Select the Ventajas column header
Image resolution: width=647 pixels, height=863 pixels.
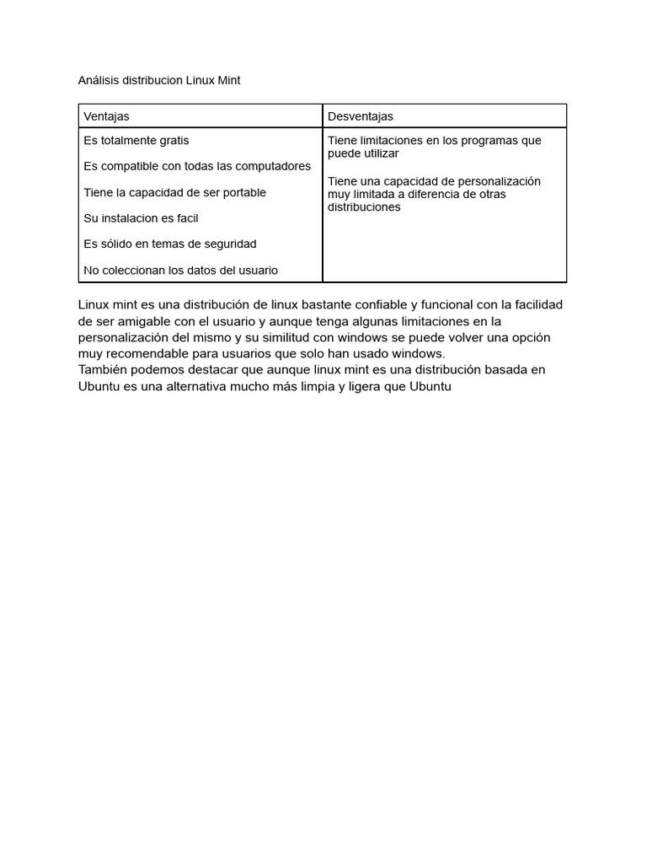(x=106, y=116)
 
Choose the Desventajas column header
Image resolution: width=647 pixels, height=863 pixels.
(x=361, y=116)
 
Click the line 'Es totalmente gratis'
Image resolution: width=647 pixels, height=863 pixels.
(x=136, y=140)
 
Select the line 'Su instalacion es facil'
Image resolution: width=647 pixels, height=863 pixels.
(x=141, y=218)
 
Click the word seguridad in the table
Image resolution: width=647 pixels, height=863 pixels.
(x=228, y=244)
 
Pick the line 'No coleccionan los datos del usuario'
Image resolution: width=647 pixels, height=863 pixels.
(x=180, y=271)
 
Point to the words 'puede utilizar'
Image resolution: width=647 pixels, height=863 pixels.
(x=363, y=153)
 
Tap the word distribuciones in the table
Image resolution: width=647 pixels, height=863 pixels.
(x=364, y=206)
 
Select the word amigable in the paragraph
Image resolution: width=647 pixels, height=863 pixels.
(x=152, y=321)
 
